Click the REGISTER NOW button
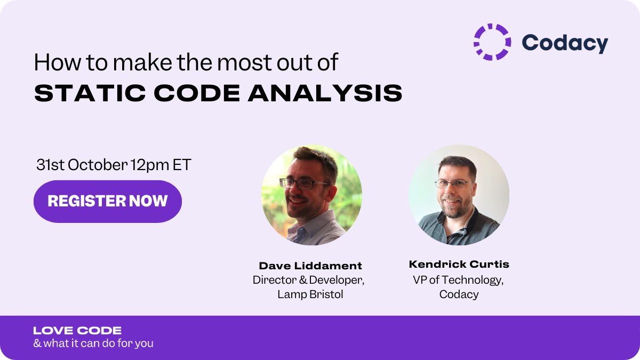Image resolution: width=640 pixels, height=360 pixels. (108, 201)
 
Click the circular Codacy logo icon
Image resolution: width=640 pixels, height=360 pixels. (492, 42)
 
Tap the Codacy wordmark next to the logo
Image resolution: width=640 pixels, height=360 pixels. (564, 43)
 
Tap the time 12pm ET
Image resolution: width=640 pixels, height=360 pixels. (161, 165)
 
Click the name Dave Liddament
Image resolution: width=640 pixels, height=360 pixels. (310, 266)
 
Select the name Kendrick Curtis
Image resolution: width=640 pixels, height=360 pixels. (459, 264)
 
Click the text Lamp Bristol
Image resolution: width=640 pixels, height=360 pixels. (310, 294)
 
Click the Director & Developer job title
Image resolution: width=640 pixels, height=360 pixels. (309, 280)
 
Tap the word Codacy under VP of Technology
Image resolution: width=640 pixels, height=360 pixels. (459, 294)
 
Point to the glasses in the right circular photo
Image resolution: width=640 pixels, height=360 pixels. (454, 184)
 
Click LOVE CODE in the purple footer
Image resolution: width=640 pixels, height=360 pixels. (77, 331)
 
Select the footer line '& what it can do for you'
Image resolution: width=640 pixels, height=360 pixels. (93, 343)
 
